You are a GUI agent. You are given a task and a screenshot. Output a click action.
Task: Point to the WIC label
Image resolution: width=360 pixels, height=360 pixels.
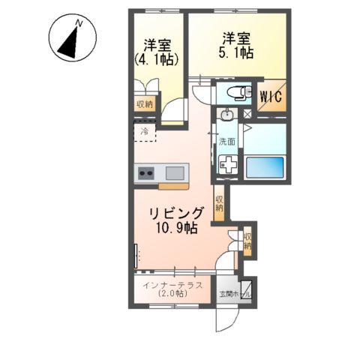271,97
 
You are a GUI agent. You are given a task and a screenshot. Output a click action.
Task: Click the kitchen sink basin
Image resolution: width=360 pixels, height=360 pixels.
175,173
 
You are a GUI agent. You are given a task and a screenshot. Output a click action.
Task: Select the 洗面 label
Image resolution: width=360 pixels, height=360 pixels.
226,142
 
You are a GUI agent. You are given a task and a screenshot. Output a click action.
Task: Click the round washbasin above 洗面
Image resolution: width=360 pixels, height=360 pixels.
227,115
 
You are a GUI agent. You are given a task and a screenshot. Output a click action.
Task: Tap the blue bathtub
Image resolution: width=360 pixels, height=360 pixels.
265,166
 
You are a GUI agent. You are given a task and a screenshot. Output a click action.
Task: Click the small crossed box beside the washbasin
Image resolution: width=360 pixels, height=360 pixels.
248,115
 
